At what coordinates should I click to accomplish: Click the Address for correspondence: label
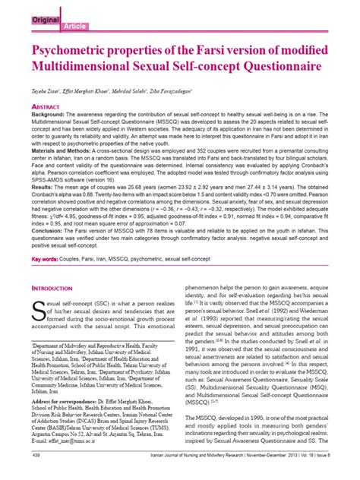[68, 419]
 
